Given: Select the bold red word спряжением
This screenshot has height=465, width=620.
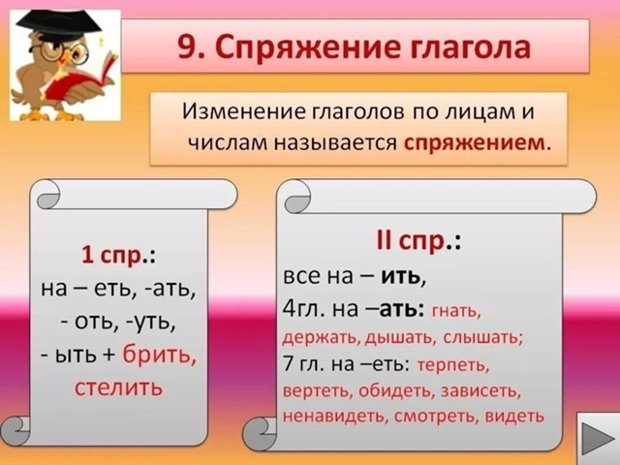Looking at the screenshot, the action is pyautogui.click(x=474, y=143).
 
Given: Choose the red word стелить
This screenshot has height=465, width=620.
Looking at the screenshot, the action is pyautogui.click(x=118, y=387).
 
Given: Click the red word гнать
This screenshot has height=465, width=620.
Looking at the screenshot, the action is pyautogui.click(x=456, y=311).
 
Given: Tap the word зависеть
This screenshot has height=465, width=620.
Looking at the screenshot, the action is pyautogui.click(x=480, y=390).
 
